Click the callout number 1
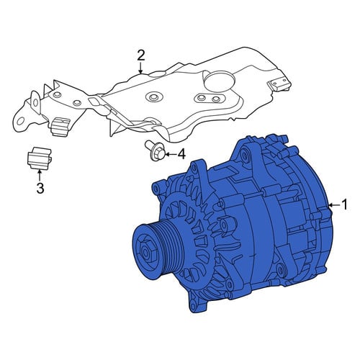point(344,204)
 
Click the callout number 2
point(141,55)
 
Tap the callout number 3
point(40,188)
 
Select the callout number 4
point(181,154)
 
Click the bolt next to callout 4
point(155,150)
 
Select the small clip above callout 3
point(39,158)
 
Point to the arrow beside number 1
point(334,205)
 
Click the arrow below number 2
point(141,68)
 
